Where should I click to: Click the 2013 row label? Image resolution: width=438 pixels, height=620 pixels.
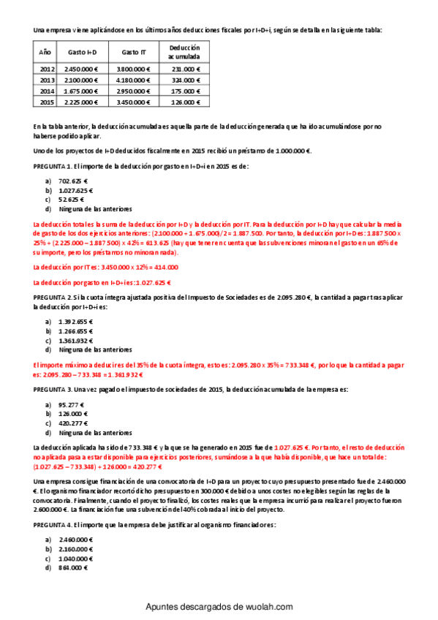[46, 80]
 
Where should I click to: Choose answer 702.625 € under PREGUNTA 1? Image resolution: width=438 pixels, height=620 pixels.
[72, 180]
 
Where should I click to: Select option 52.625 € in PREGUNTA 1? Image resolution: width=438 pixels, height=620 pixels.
[71, 199]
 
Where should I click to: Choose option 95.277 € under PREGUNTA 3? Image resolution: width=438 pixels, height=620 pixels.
[71, 404]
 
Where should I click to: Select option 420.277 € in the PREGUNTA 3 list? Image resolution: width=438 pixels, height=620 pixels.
[73, 423]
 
